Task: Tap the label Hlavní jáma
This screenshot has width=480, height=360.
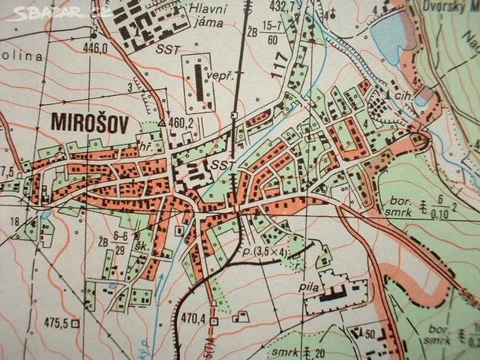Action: coord(205,16)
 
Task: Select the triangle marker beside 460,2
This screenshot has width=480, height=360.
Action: coord(162,123)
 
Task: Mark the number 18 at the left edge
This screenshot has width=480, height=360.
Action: coord(14,221)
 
